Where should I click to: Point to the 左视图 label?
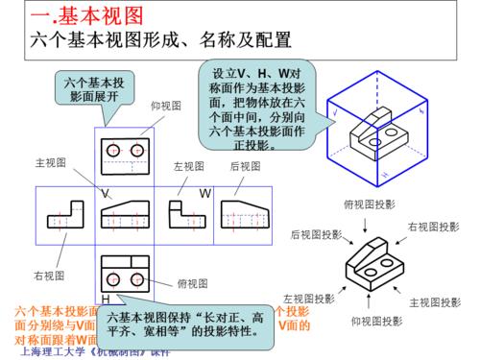(189, 167)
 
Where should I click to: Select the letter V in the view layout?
(104, 193)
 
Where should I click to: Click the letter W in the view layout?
(204, 193)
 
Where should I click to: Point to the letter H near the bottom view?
(105, 300)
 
